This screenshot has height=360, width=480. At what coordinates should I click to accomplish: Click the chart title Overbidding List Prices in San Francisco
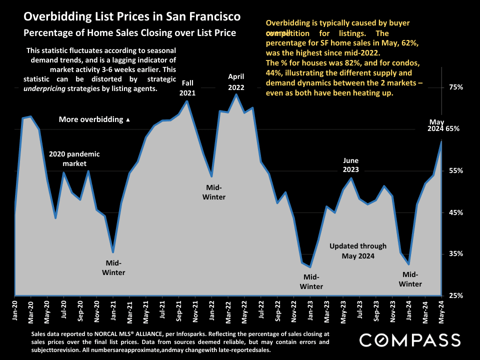click(132, 17)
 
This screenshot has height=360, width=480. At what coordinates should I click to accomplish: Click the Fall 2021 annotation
click(187, 87)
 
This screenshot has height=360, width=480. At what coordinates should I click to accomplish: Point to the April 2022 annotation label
click(236, 81)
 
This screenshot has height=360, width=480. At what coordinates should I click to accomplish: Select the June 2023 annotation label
click(351, 165)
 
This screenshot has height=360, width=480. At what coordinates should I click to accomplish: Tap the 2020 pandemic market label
click(74, 158)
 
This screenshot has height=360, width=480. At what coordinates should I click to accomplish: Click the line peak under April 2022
click(236, 94)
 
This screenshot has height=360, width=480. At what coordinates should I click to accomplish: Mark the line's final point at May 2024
click(441, 141)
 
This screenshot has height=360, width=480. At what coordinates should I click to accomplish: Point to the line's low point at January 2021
click(113, 251)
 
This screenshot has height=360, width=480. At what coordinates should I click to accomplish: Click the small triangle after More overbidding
click(128, 120)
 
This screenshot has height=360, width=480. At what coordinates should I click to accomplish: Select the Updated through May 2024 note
click(358, 251)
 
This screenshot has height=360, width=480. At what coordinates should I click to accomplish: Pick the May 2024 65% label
click(444, 125)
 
